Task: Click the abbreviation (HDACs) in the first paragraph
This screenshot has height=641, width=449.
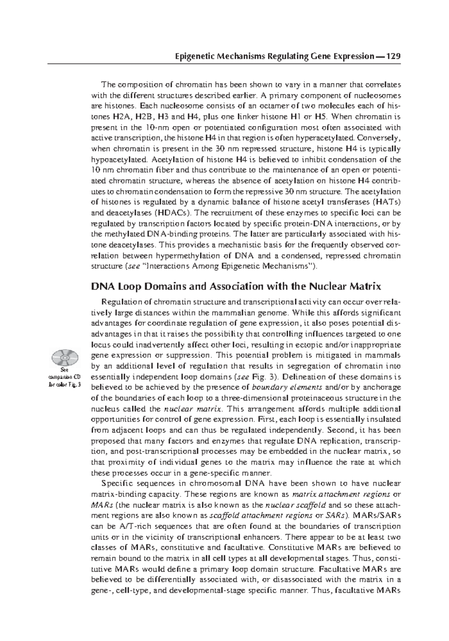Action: [172, 213]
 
